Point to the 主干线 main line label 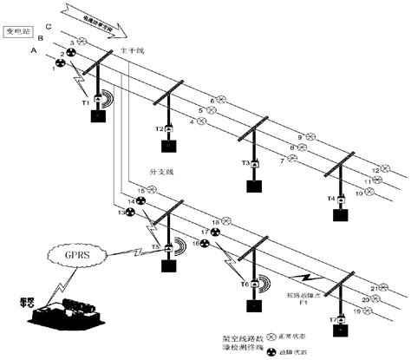pos(129,51)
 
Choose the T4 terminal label pos(329,199)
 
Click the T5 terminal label pos(155,246)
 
